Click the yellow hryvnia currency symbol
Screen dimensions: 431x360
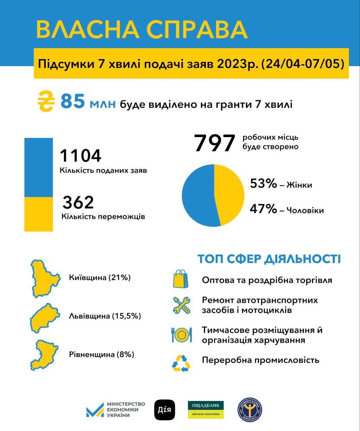point(46,101)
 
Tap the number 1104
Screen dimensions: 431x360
point(81,156)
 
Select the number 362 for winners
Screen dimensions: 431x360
point(78,202)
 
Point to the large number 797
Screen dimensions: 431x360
point(214,143)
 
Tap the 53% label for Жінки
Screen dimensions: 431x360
point(263,184)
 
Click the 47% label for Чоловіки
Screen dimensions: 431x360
point(263,209)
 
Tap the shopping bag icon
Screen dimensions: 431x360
point(181,279)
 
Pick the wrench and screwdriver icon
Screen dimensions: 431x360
point(181,305)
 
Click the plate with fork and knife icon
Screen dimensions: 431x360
point(181,335)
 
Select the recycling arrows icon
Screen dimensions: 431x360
point(181,363)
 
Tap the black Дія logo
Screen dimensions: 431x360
point(165,410)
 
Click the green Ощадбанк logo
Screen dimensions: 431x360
point(206,409)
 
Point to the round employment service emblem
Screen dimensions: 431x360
point(250,410)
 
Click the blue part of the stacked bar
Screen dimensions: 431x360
point(38,167)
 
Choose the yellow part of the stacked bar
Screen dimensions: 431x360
point(38,214)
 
